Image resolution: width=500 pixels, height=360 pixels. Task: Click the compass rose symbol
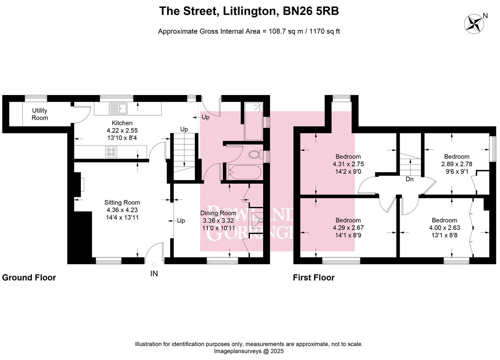tap(474, 24)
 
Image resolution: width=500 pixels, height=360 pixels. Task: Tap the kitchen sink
tap(118, 109)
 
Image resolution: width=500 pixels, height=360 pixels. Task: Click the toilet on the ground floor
tap(256, 154)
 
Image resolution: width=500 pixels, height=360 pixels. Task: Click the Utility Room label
tap(40, 114)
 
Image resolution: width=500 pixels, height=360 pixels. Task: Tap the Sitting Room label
tap(122, 203)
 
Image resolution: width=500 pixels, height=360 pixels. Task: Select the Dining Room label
tap(218, 213)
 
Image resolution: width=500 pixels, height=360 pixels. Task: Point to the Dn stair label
tap(410, 179)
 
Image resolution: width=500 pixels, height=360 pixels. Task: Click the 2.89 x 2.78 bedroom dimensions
tap(457, 164)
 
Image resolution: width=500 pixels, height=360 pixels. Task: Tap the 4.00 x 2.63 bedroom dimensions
tap(444, 228)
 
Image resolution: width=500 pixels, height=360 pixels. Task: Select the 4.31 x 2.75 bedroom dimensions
tap(348, 164)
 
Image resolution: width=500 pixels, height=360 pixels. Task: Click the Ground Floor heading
tap(29, 278)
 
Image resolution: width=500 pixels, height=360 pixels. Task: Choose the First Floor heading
tap(313, 278)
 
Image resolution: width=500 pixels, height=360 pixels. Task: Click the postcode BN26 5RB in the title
tap(311, 11)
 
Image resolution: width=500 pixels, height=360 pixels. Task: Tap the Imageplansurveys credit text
tap(249, 351)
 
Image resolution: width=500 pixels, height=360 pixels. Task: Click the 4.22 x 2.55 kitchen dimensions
tap(122, 130)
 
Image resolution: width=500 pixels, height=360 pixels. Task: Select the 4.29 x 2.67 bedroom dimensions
tap(348, 228)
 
